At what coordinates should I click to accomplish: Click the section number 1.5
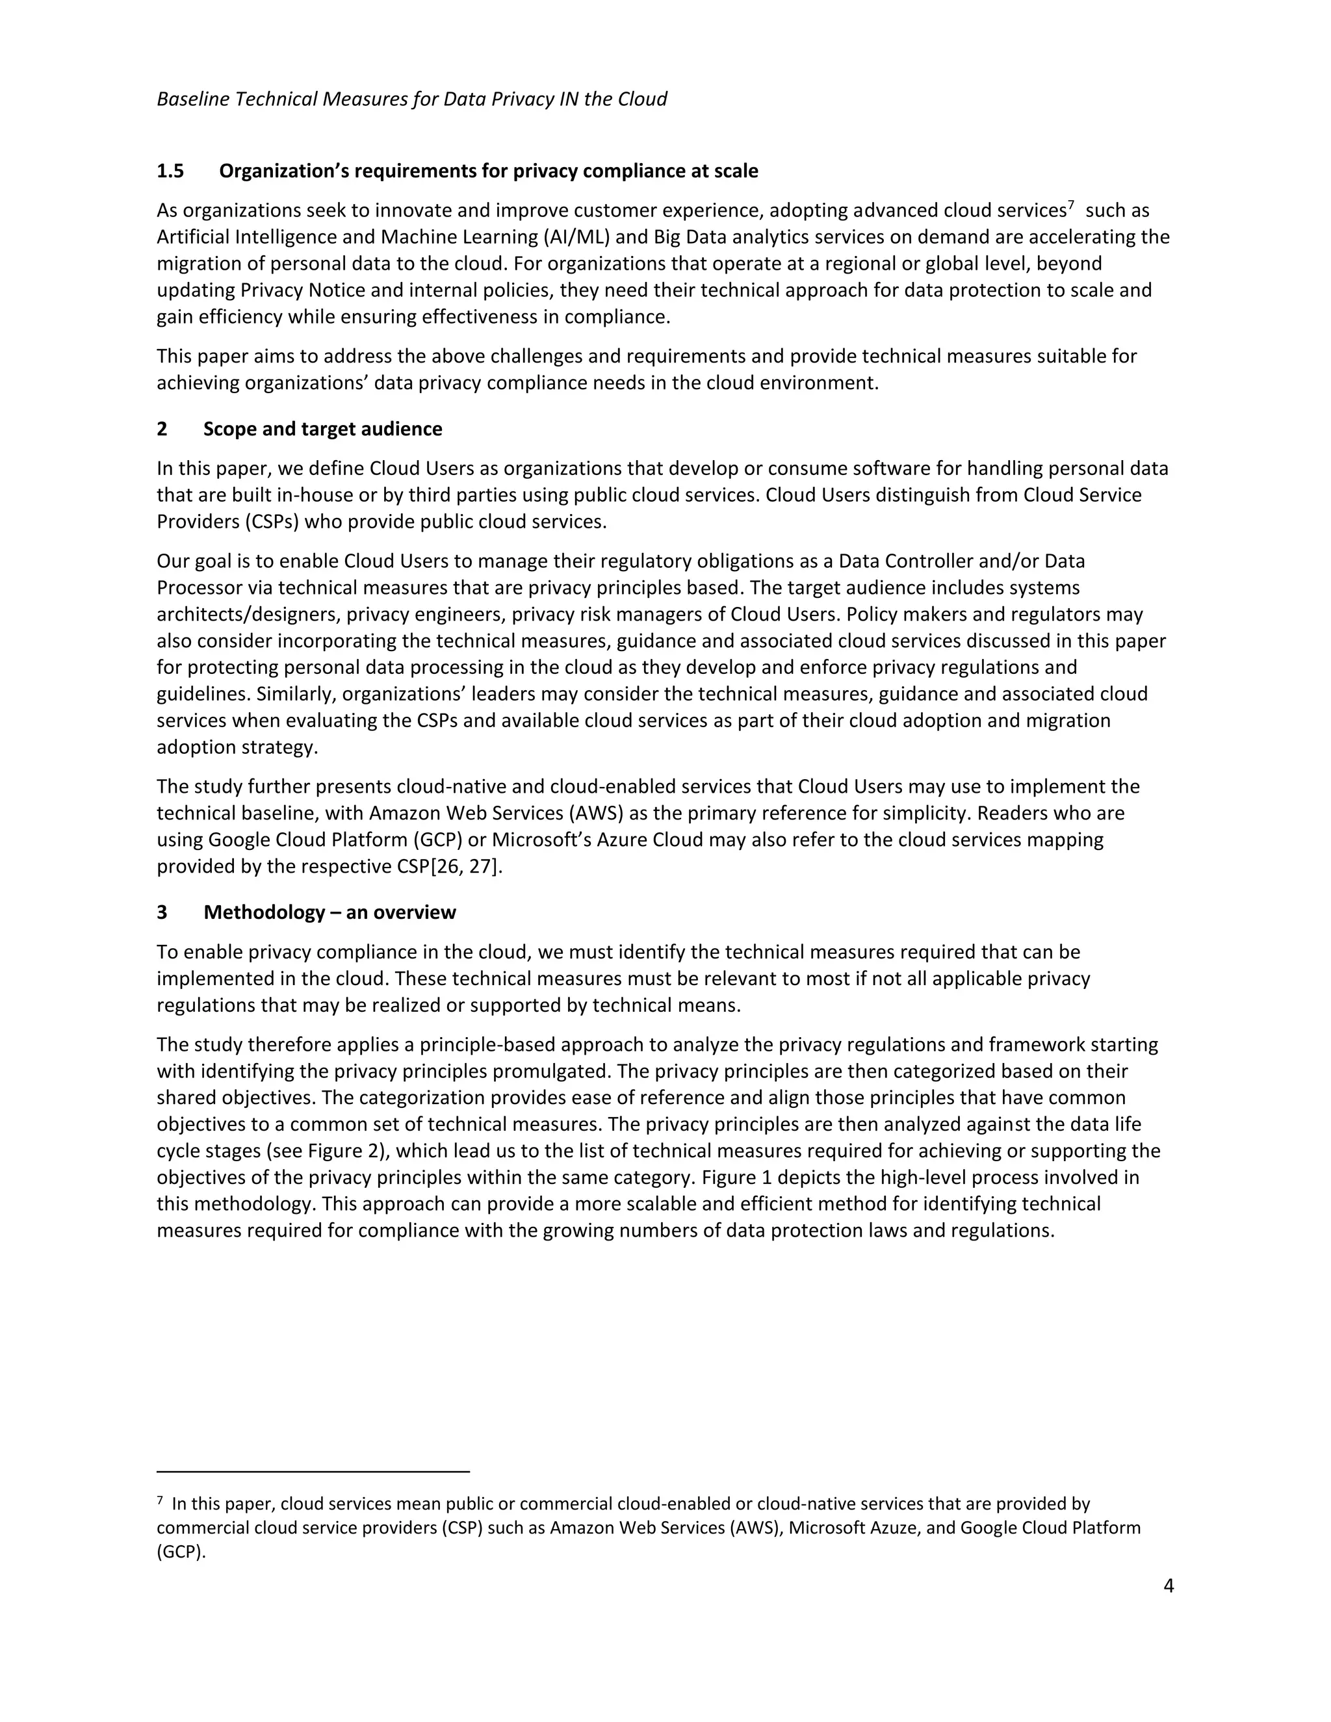[x=170, y=171]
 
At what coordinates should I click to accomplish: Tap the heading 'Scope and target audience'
[x=322, y=429]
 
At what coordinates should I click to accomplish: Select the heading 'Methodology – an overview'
[x=330, y=912]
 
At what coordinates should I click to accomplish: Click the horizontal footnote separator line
[x=313, y=1471]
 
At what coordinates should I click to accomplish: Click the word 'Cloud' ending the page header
[x=642, y=99]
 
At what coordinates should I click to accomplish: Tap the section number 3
[x=162, y=912]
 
